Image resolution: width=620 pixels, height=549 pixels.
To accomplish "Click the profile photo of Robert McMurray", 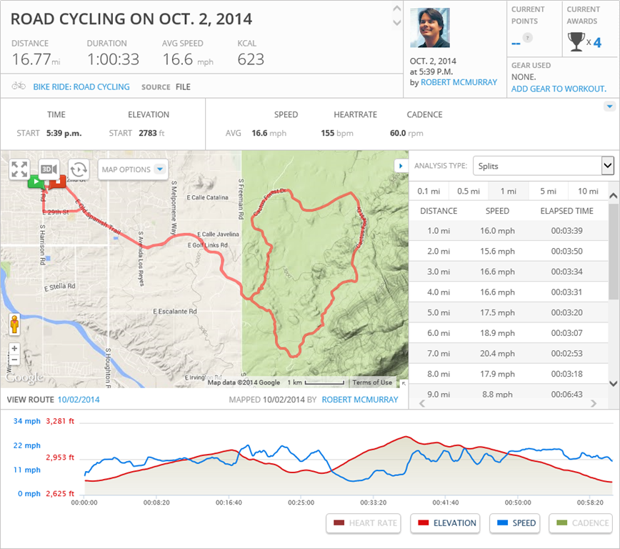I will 430,28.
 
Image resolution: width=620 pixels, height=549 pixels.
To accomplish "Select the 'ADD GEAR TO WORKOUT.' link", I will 559,89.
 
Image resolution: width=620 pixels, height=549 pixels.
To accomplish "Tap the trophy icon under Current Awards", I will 576,42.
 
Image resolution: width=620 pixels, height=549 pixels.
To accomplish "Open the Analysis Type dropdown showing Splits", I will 543,166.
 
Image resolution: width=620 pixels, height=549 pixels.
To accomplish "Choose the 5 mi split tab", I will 548,191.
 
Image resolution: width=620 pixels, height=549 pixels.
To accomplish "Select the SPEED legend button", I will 515,523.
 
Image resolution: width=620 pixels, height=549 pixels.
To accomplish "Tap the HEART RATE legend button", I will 363,523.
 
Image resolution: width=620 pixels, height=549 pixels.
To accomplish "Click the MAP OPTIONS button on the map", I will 133,169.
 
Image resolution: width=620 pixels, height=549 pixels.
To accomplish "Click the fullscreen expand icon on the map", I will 19,169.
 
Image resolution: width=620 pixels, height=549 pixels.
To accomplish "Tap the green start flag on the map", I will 35,182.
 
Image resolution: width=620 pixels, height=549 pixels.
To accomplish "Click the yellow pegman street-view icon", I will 14,325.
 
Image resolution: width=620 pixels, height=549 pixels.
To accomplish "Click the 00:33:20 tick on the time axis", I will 373,503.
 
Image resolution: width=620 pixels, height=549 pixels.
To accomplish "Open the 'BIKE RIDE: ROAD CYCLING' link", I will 81,87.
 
